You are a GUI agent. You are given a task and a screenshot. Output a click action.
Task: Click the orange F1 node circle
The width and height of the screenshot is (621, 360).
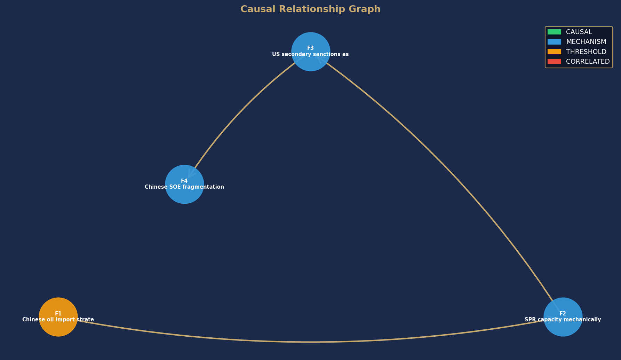point(58,317)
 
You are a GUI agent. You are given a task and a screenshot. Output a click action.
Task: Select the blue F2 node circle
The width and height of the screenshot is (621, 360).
point(563,317)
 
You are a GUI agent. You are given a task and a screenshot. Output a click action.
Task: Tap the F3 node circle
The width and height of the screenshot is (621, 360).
point(311,52)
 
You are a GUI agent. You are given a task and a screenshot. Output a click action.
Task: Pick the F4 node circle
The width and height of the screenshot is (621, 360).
point(184,184)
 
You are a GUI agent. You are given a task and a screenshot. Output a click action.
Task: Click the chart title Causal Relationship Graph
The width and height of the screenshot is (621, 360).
point(310,9)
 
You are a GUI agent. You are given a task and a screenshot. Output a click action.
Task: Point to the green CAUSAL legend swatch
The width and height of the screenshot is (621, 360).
point(554,32)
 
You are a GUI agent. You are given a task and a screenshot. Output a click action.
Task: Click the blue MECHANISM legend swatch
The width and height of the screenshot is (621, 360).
point(554,42)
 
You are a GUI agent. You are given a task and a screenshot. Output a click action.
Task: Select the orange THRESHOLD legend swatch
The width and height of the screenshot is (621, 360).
point(554,52)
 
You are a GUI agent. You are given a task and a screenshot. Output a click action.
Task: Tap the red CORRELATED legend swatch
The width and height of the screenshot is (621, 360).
point(554,61)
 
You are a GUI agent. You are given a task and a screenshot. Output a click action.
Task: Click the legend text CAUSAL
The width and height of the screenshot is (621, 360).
point(579,32)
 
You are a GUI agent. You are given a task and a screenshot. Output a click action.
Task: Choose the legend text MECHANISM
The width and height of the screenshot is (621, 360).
point(586,42)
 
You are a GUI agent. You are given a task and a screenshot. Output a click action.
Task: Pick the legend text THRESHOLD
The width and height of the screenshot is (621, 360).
point(586,52)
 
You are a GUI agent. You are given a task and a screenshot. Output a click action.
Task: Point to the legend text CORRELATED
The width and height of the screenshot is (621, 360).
point(588,61)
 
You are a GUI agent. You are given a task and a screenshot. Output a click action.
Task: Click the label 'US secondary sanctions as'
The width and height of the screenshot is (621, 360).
point(310,54)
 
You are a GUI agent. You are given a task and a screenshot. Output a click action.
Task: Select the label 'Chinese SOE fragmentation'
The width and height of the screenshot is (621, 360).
point(184,187)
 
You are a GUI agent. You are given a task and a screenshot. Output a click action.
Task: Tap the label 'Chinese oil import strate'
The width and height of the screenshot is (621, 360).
point(58,320)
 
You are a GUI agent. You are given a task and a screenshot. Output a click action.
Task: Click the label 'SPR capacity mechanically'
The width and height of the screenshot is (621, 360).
point(563,320)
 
